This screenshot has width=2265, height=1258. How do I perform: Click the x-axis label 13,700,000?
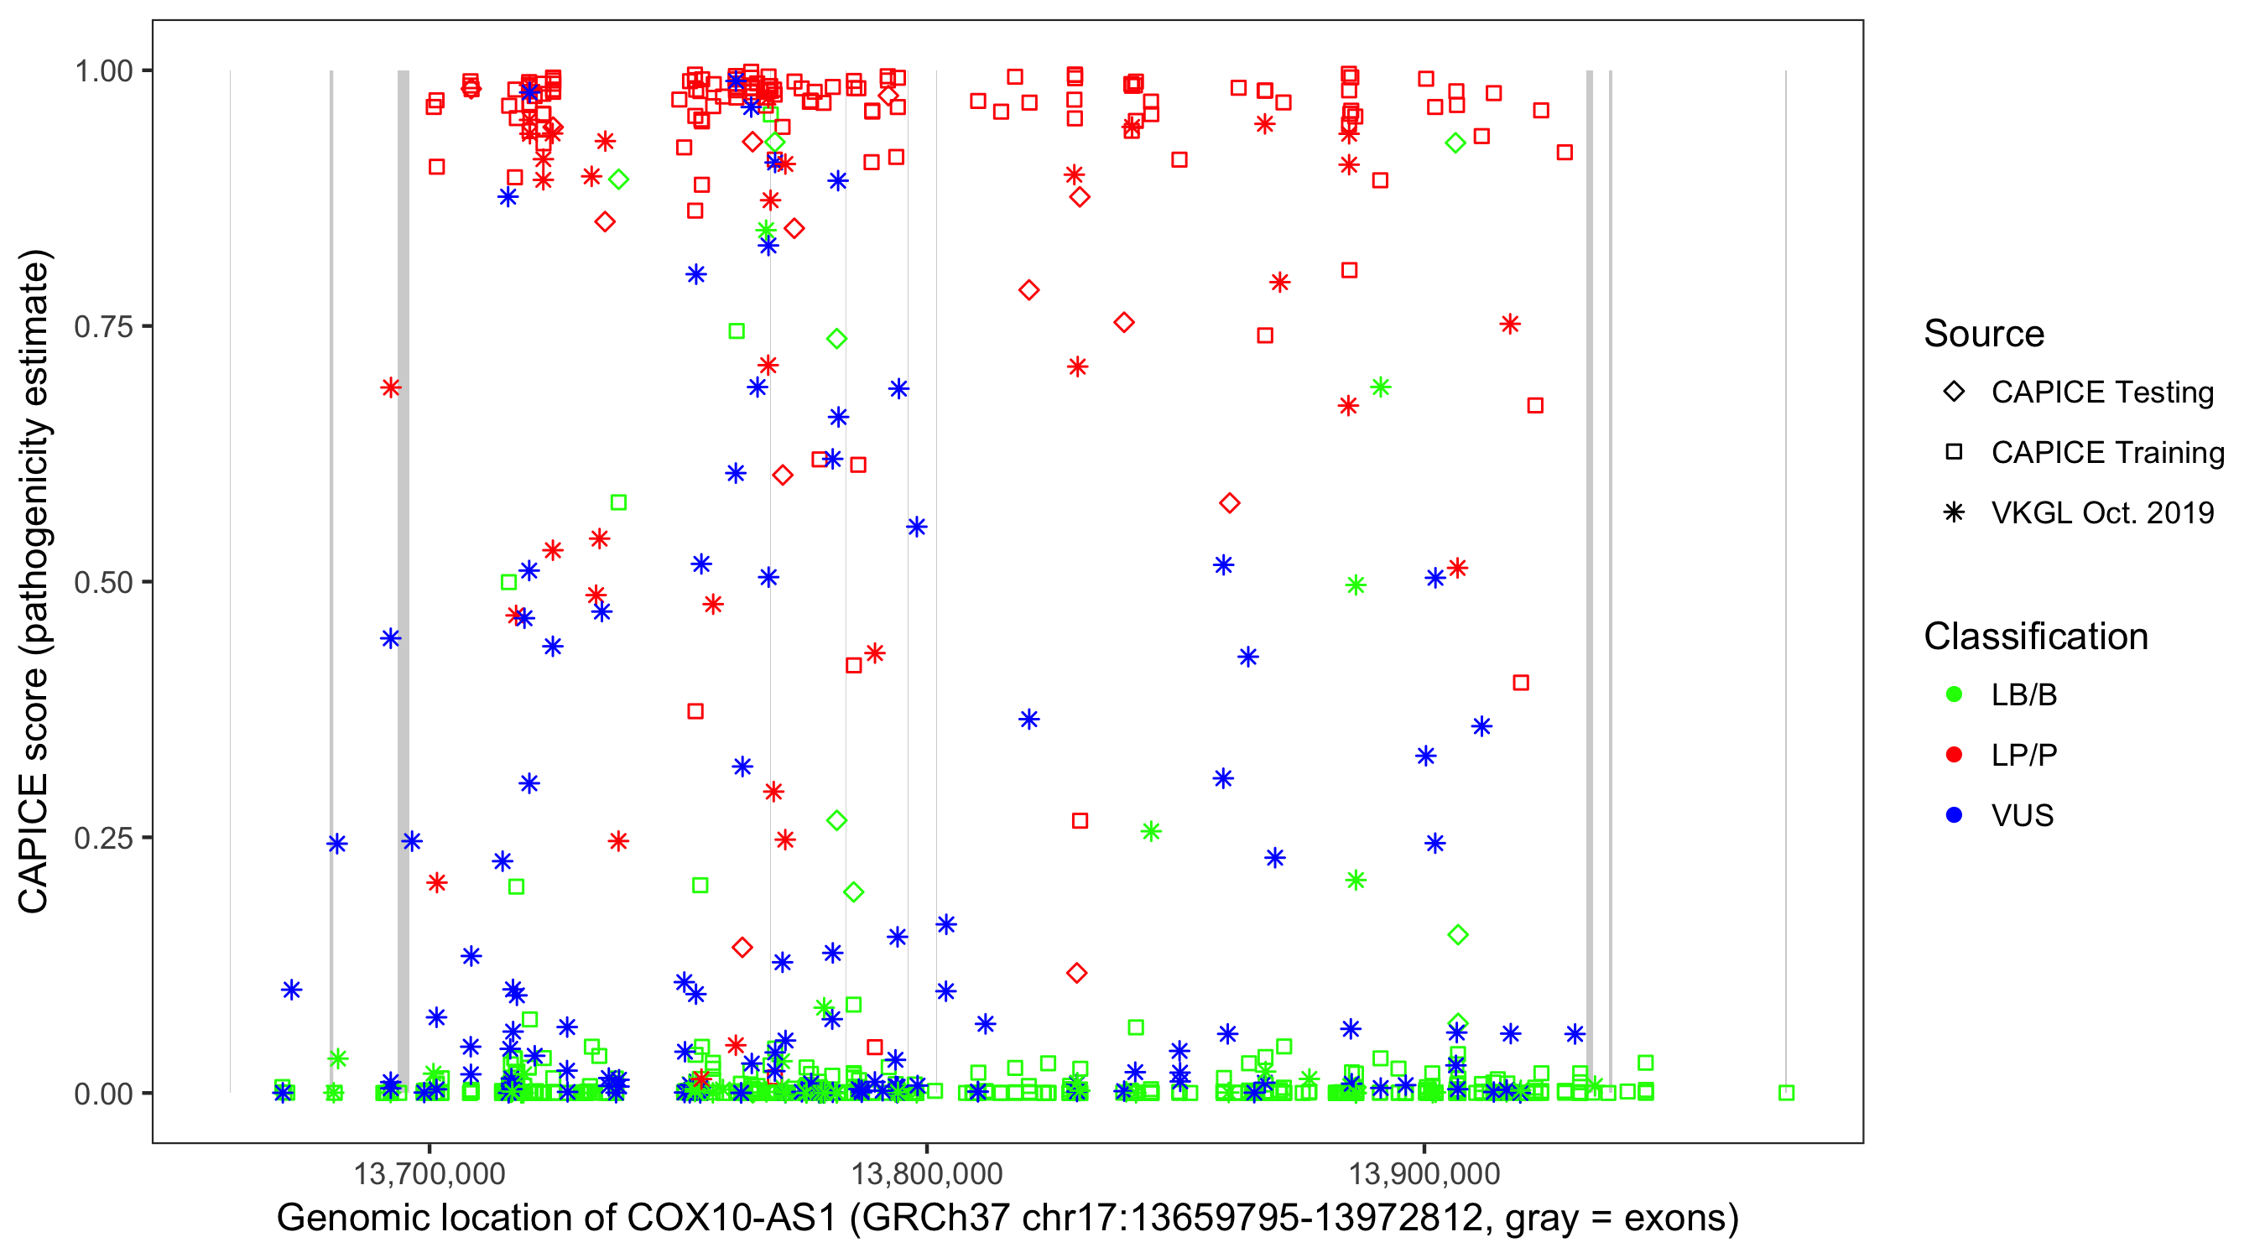pos(429,1173)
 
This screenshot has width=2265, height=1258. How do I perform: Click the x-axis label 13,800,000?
pos(927,1173)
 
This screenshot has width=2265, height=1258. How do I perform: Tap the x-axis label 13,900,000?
pos(1424,1173)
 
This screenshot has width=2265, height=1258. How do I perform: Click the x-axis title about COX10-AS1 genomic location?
pos(1008,1219)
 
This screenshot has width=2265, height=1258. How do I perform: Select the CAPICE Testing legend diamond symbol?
pos(1954,392)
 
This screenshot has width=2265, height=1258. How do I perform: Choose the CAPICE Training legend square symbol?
pos(1954,453)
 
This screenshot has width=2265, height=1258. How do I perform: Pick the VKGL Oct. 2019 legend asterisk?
pos(1954,512)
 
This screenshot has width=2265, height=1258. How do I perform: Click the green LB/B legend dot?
pos(1954,694)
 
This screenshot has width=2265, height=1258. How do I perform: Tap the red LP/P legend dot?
pos(1954,755)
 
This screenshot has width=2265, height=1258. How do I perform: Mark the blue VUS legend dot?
pos(1954,815)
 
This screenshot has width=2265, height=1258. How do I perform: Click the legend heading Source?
pos(1984,334)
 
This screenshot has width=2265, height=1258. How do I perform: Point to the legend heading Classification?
pos(2035,637)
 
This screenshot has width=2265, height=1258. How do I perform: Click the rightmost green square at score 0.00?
pos(1786,1093)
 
